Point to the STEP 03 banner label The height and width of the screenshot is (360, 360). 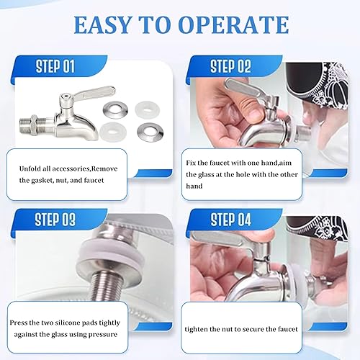55,219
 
